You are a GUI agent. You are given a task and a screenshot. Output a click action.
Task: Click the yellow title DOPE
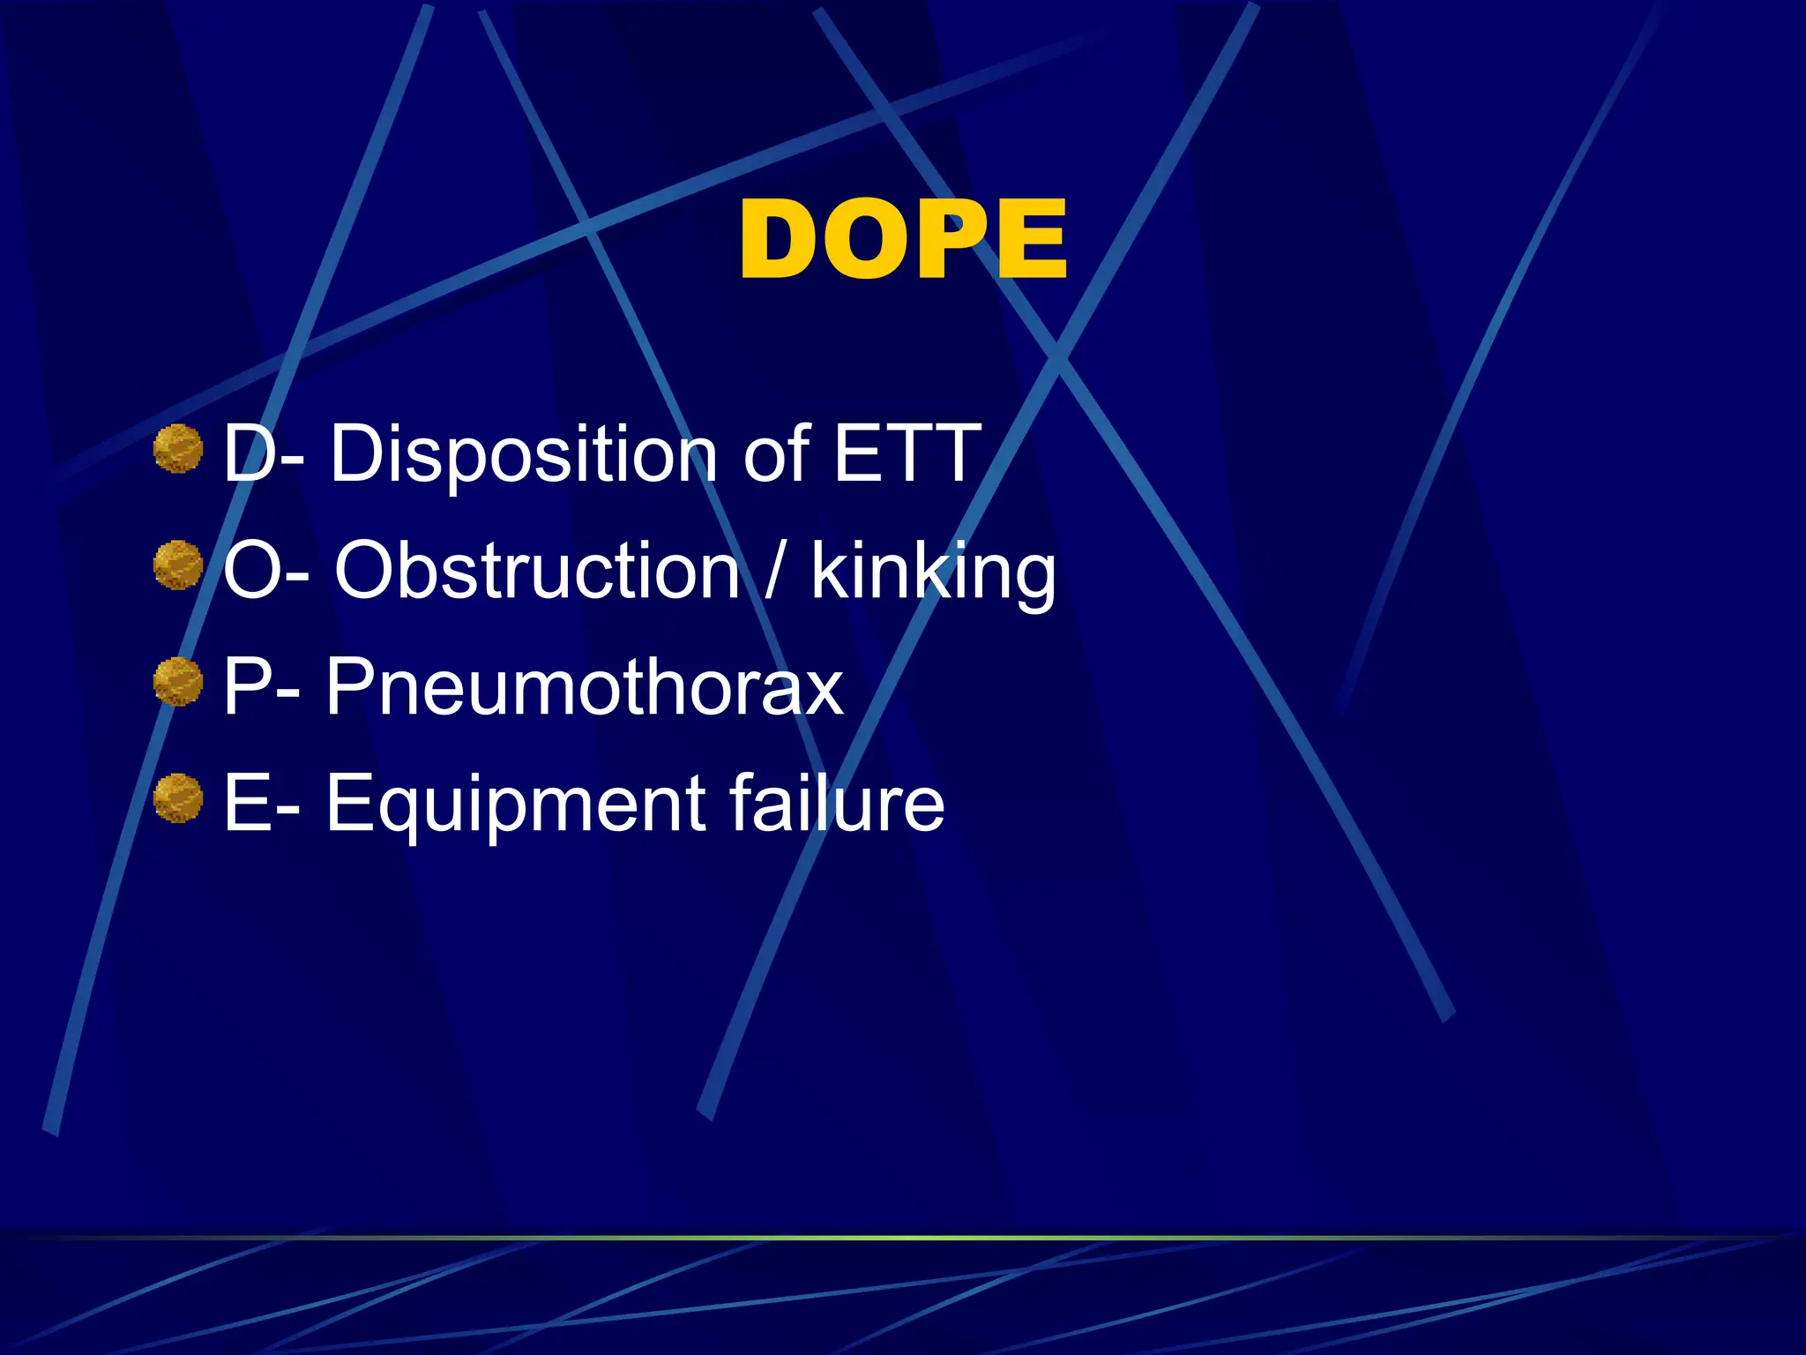pyautogui.click(x=903, y=239)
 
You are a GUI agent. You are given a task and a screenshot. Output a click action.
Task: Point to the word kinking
pyautogui.click(x=933, y=573)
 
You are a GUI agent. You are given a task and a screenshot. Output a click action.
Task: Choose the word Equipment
pyautogui.click(x=516, y=805)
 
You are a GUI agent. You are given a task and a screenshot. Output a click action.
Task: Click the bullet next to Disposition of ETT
pyautogui.click(x=178, y=449)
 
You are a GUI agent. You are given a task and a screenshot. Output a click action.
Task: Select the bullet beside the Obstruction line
pyautogui.click(x=178, y=565)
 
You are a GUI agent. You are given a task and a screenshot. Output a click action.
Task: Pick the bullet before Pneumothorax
pyautogui.click(x=178, y=682)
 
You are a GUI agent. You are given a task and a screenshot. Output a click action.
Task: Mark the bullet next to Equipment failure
pyautogui.click(x=178, y=798)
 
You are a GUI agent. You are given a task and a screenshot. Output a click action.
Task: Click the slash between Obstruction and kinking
pyautogui.click(x=774, y=571)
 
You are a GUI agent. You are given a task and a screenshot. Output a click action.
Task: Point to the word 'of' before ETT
pyautogui.click(x=776, y=453)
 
